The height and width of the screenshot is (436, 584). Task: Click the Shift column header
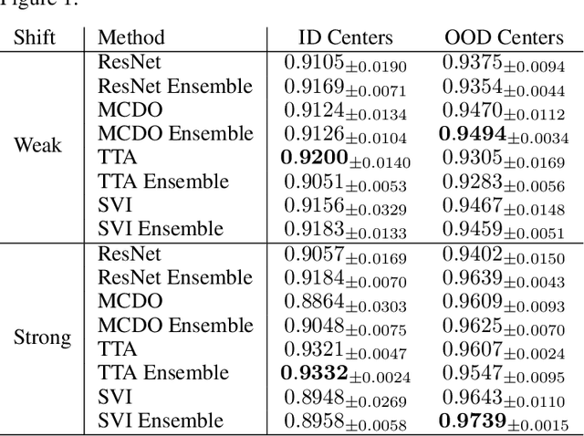(36, 37)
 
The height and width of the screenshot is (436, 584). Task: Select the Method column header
(131, 37)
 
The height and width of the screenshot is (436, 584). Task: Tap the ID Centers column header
(346, 37)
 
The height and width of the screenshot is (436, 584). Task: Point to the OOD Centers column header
(503, 37)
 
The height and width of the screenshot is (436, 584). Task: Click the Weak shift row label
(37, 145)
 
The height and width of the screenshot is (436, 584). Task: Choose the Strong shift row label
(42, 337)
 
